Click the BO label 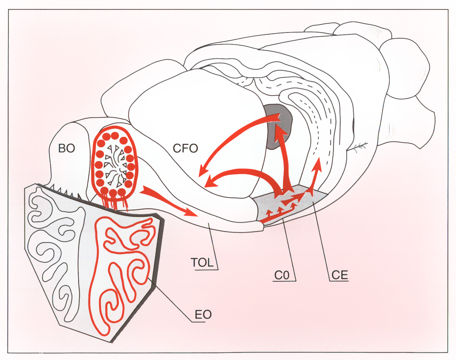click(67, 148)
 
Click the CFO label click(185, 148)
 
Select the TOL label click(202, 263)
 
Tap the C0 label click(282, 275)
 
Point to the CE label click(339, 275)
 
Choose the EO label click(203, 315)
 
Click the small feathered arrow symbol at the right click(360, 147)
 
